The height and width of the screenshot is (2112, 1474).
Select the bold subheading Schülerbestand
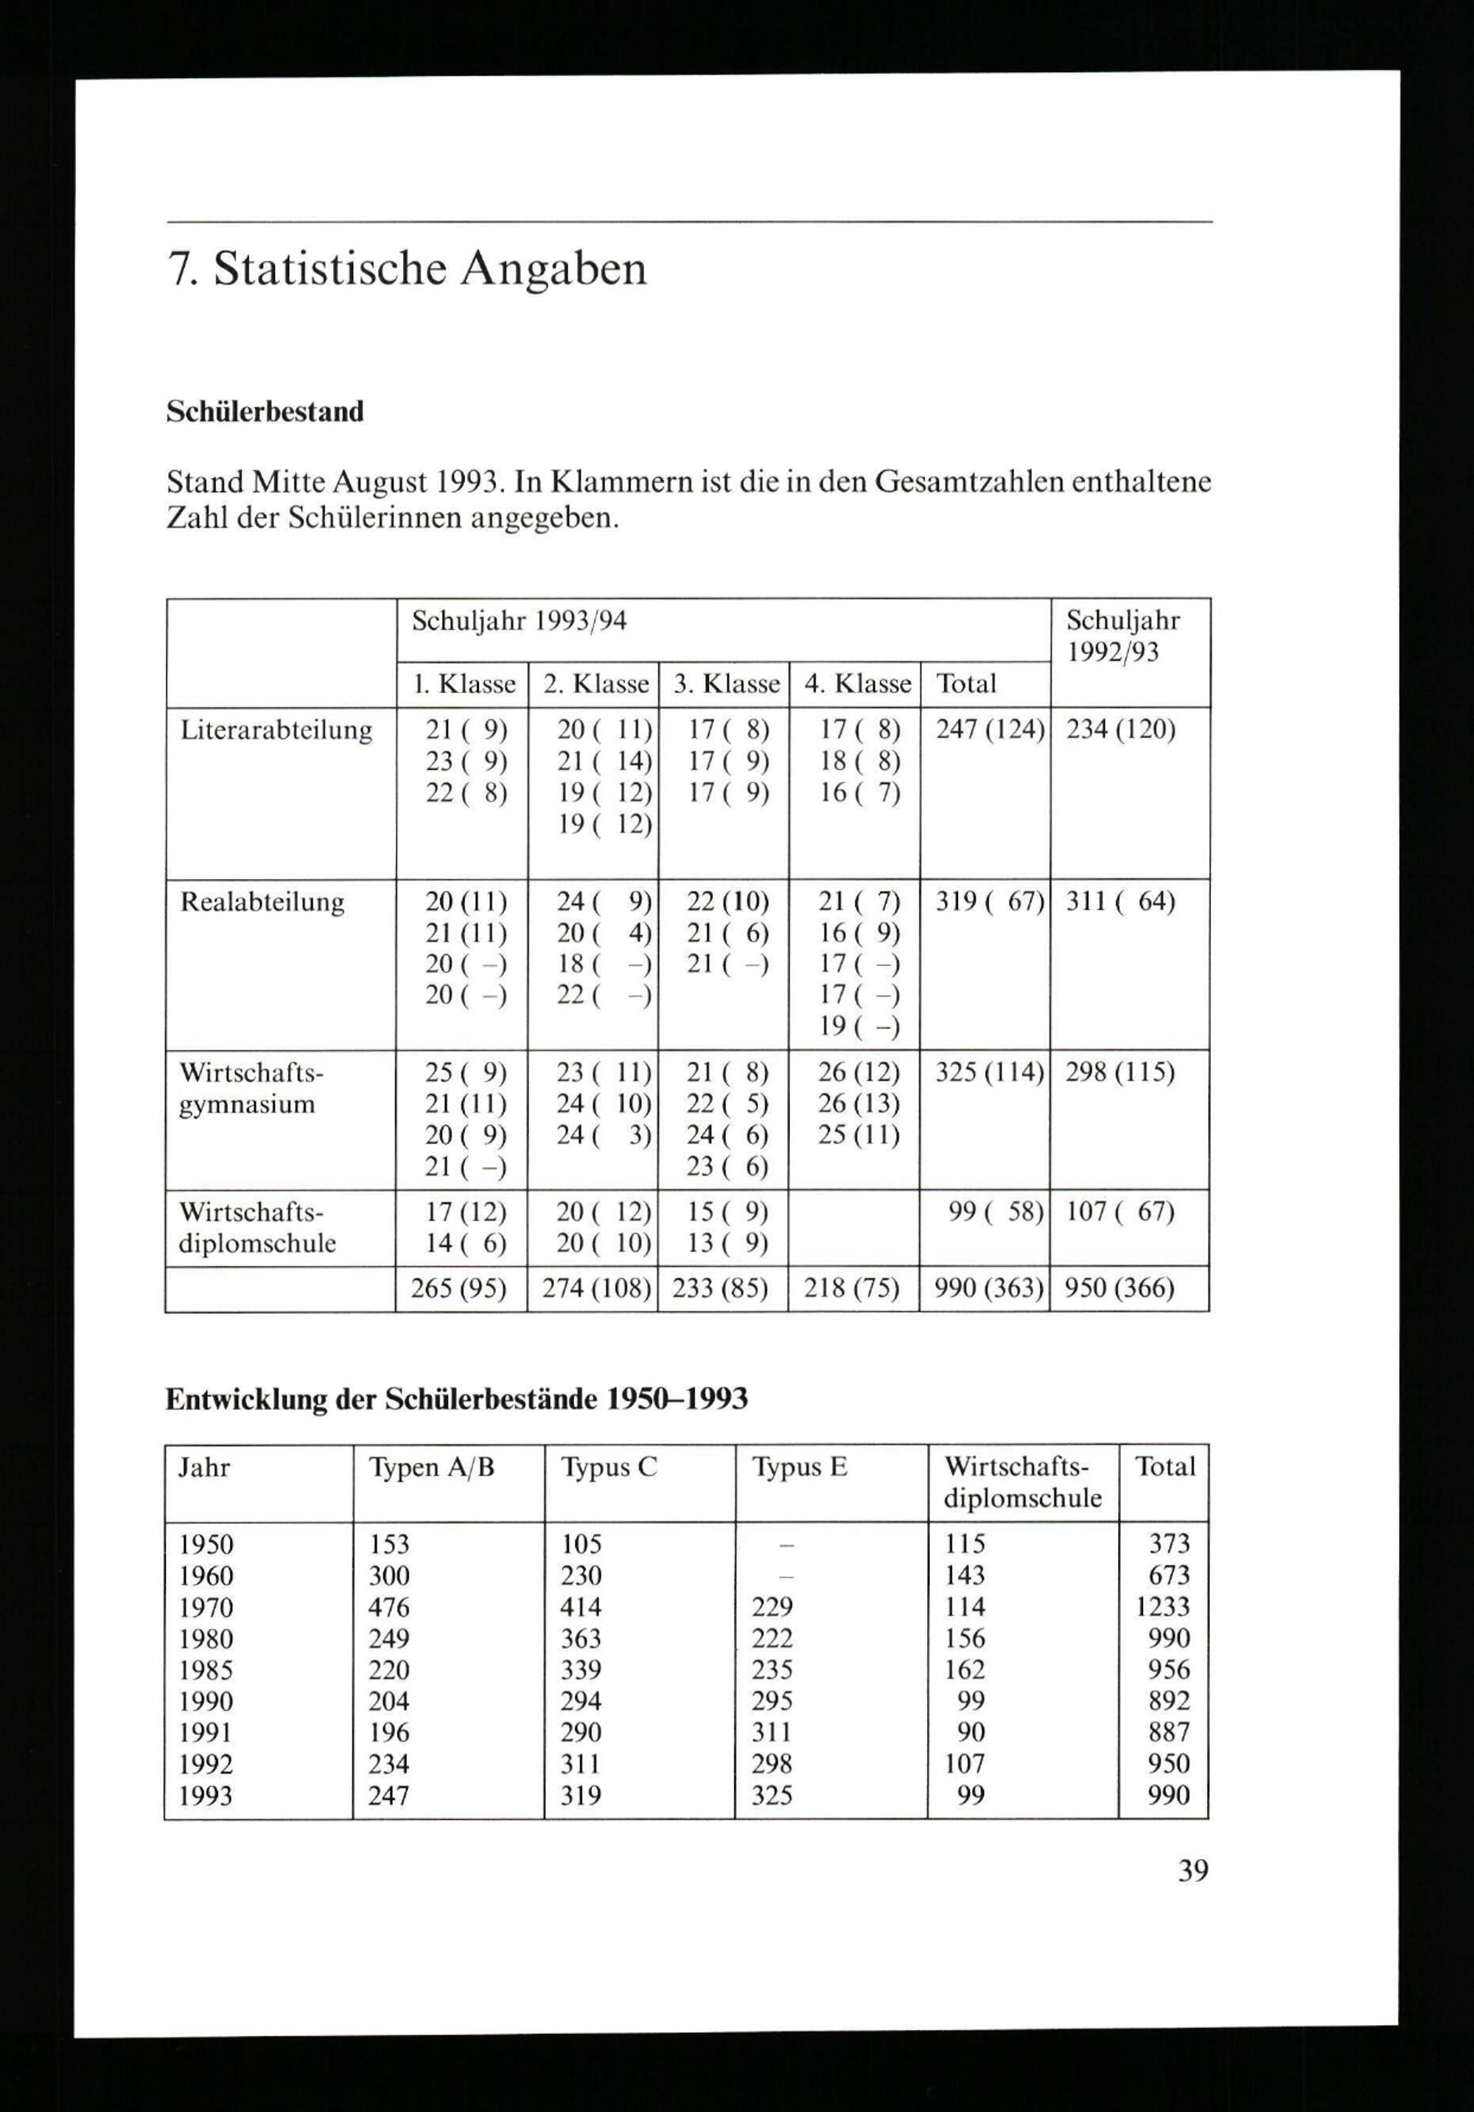[x=265, y=411]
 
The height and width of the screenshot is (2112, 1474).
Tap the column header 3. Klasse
[x=725, y=684]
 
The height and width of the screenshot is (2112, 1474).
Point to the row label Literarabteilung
[x=276, y=730]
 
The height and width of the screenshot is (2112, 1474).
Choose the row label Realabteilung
[x=262, y=901]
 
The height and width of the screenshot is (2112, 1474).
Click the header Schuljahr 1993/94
[x=519, y=622]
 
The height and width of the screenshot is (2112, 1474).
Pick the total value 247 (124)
[x=989, y=730]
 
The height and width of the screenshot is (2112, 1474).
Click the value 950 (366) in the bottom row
[x=1119, y=1288]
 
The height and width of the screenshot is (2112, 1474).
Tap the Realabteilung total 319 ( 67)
[x=989, y=901]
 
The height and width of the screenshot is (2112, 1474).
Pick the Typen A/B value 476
[x=389, y=1607]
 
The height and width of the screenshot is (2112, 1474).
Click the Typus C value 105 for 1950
[x=581, y=1543]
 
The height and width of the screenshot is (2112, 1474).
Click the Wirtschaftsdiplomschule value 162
[x=965, y=1670]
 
